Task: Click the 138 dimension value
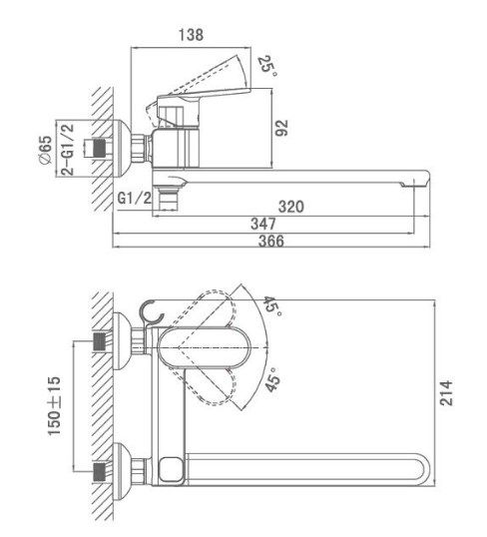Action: pos(191,35)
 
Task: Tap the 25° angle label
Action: pos(267,66)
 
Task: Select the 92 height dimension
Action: pos(281,128)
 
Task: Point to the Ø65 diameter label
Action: pos(46,150)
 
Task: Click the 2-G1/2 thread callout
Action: pos(68,150)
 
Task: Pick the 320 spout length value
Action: pos(291,207)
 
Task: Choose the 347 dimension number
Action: pos(263,224)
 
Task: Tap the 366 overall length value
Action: pos(271,241)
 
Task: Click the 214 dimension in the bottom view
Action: pos(446,392)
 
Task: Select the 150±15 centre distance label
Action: pos(54,406)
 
